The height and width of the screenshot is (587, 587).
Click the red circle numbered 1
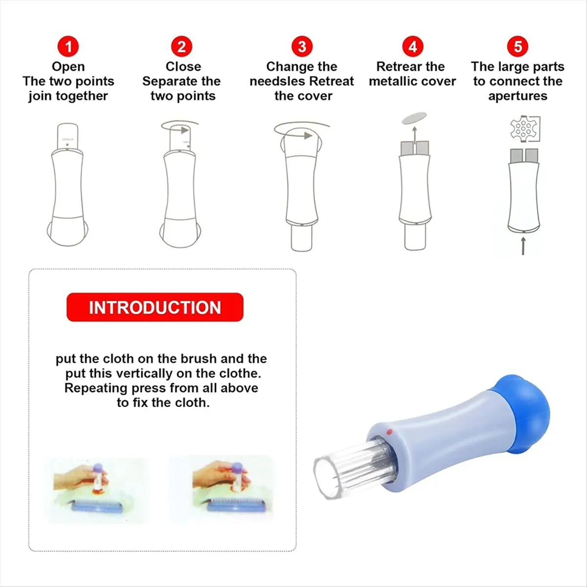pyautogui.click(x=68, y=46)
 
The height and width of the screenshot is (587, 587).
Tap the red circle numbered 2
pyautogui.click(x=181, y=46)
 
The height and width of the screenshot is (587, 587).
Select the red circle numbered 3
pyautogui.click(x=302, y=46)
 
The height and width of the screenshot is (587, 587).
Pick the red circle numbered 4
pyautogui.click(x=413, y=46)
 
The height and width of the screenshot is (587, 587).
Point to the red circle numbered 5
pyautogui.click(x=518, y=46)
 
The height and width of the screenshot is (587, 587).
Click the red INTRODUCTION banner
pyautogui.click(x=155, y=307)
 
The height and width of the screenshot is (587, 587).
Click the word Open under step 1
pyautogui.click(x=68, y=67)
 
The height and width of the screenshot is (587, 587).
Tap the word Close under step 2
pyautogui.click(x=183, y=67)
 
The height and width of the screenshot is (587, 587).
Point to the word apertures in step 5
pyautogui.click(x=518, y=96)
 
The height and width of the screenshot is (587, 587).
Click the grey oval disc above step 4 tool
pyautogui.click(x=414, y=117)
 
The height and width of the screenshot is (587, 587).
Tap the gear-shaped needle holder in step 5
pyautogui.click(x=523, y=128)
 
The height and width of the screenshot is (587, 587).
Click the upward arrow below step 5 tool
pyautogui.click(x=523, y=246)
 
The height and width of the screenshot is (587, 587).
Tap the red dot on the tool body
pyautogui.click(x=389, y=431)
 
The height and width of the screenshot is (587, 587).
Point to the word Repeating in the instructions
pyautogui.click(x=96, y=388)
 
